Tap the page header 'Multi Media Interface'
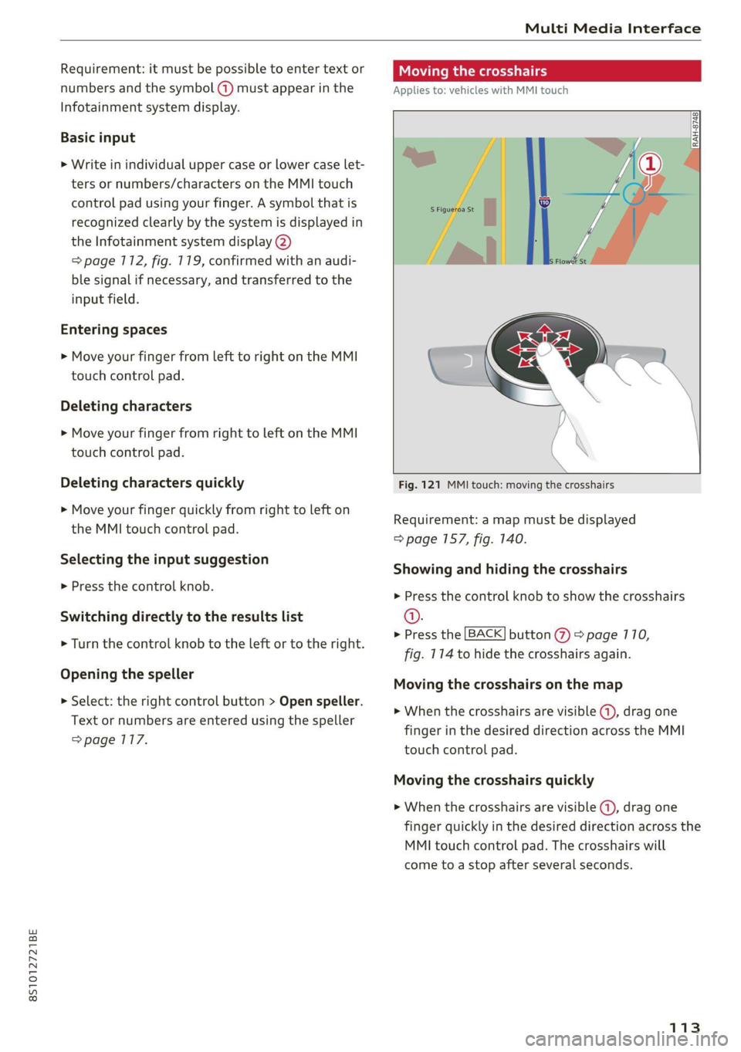pos(612,29)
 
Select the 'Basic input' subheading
pos(98,137)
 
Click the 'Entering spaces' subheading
pos(113,330)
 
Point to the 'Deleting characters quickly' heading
pos(152,482)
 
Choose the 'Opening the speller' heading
pos(127,674)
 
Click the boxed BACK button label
pos(485,634)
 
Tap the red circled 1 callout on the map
pos(651,164)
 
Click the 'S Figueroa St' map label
pos(452,209)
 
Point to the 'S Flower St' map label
pos(568,261)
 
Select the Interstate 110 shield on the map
pos(544,202)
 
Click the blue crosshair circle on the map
pos(634,194)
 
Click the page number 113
pos(685,1027)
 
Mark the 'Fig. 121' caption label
pos(419,485)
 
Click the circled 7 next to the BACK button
pos(562,635)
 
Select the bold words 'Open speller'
pos(320,701)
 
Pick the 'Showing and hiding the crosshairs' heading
pos(510,569)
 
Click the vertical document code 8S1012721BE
pos(32,965)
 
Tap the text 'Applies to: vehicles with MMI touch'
pos(481,90)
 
